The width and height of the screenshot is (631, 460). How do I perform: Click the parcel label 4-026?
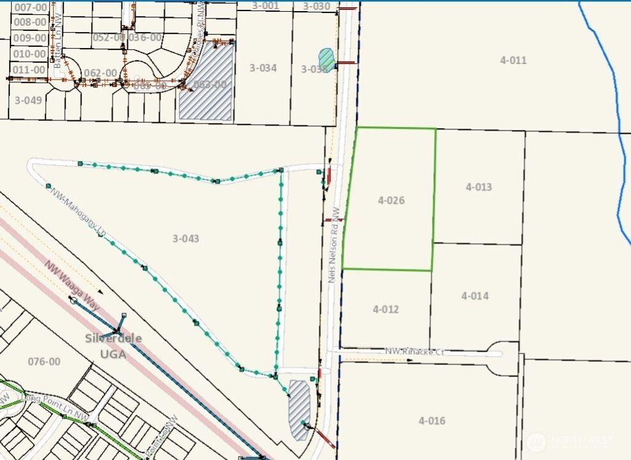(391, 200)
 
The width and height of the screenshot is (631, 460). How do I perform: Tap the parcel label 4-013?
(479, 187)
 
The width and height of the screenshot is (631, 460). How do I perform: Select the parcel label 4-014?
(474, 296)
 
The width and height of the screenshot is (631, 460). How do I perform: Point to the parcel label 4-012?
(386, 309)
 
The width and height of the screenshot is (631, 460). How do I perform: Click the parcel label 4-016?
(431, 421)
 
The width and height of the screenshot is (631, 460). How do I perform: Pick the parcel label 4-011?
(513, 60)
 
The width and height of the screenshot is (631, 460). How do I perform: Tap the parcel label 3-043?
(185, 238)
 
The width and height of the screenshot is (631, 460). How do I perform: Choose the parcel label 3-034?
(263, 68)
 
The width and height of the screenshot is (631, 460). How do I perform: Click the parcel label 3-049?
(28, 100)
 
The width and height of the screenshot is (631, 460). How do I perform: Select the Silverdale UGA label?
(113, 346)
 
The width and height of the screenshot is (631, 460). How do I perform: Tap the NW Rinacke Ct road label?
(414, 352)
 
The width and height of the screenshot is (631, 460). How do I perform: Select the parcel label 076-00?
(44, 361)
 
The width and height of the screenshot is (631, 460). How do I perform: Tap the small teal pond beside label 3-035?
(326, 60)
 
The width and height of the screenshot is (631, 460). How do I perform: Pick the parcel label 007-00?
(30, 7)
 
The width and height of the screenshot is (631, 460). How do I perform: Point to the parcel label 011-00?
(29, 70)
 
